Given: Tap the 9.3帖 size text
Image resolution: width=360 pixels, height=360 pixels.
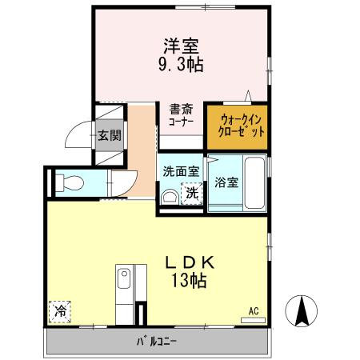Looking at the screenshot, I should point(182,66).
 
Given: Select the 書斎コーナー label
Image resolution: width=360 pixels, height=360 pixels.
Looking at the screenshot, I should point(181,117).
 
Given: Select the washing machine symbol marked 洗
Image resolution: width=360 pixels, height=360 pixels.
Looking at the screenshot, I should point(191,193).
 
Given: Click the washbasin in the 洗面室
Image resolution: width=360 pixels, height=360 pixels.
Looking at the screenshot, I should point(170,197).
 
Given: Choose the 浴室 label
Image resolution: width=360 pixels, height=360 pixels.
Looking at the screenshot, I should point(226,182).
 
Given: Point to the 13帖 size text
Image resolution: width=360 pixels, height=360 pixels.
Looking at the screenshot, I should point(189,281).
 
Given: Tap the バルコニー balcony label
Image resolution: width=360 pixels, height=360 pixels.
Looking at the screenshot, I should point(156,342).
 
